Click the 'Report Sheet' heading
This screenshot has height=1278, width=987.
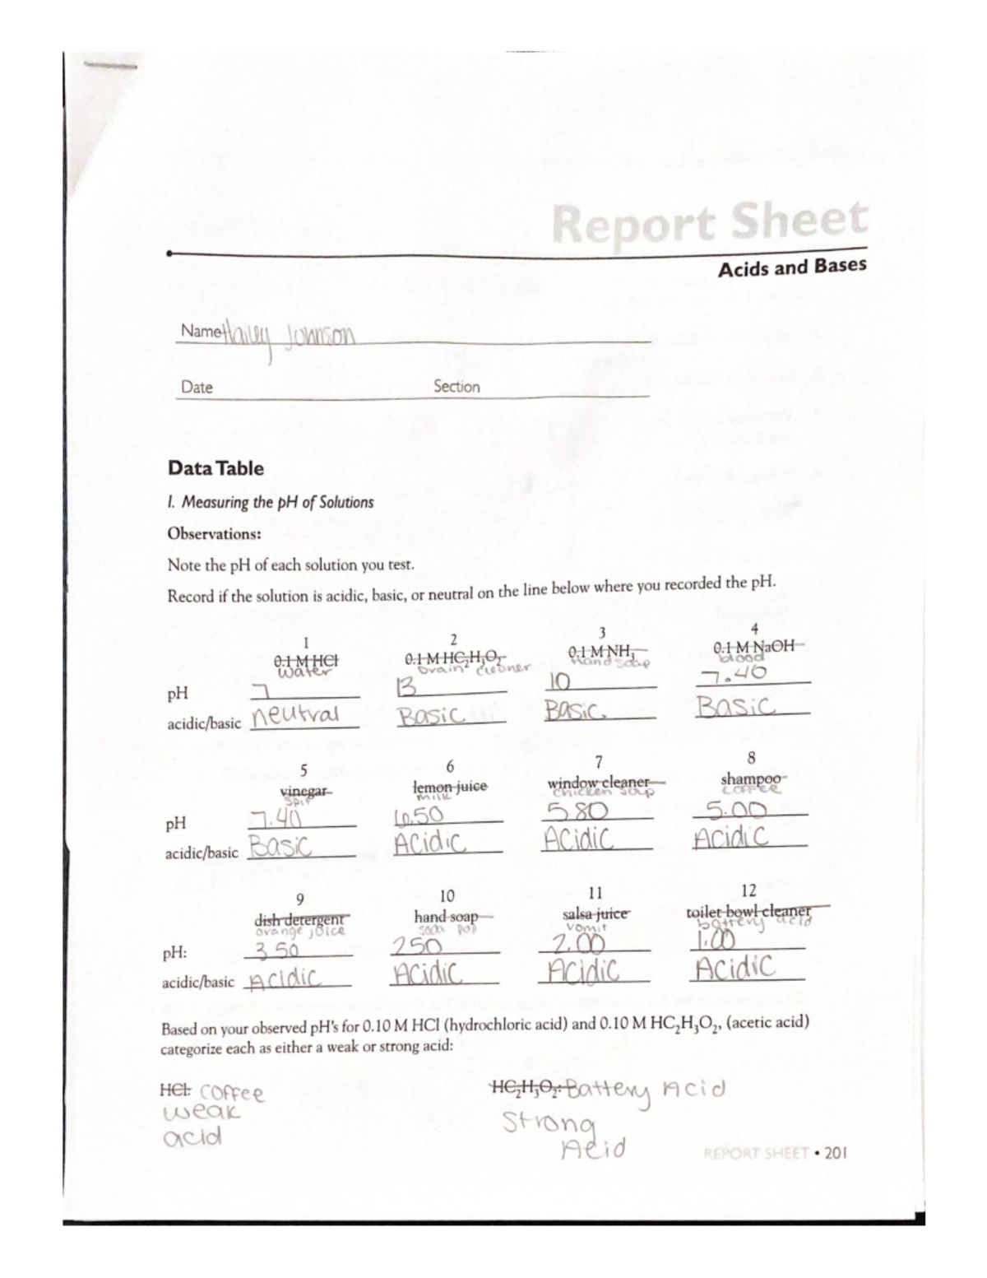tap(710, 222)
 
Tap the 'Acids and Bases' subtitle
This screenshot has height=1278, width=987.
tap(791, 267)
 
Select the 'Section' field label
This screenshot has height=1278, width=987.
tap(456, 386)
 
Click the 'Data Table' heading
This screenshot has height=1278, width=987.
tap(215, 468)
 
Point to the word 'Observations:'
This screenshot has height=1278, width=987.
tap(214, 533)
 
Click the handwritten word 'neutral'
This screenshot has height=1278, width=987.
tap(297, 715)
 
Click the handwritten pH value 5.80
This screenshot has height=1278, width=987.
tap(576, 811)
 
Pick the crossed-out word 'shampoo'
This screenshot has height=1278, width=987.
tap(751, 778)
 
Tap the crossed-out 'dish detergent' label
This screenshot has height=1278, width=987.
tap(302, 918)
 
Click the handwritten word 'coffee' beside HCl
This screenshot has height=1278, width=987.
tap(232, 1094)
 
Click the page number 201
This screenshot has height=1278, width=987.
tap(834, 1152)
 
